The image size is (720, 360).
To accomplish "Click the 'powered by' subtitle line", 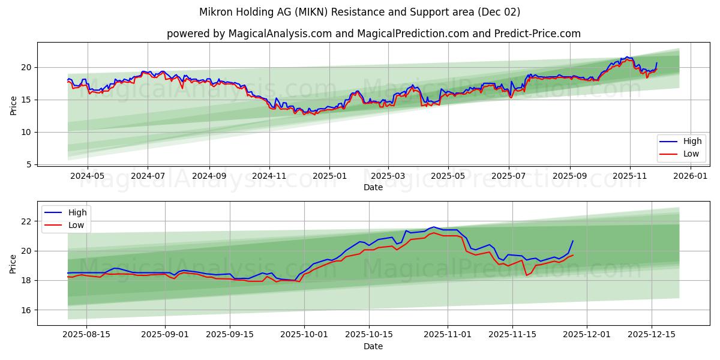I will click(373, 34).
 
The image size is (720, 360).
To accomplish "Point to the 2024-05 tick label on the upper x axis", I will click(88, 176).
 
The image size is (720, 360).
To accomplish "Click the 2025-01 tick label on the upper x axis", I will click(329, 176).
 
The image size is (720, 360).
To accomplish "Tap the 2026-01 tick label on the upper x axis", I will click(691, 176).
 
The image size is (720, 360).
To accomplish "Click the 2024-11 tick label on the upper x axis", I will click(269, 176).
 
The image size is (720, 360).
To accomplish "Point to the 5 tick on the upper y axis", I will click(29, 164).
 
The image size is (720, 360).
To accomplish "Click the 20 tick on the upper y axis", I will click(26, 67).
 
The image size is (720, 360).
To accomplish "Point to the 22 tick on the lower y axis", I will click(26, 221).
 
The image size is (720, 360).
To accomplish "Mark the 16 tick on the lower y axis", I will click(26, 310).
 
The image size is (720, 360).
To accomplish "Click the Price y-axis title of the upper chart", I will click(13, 104).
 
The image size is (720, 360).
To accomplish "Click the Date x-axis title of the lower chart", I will click(373, 346).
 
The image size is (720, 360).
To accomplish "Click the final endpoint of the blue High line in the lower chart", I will click(573, 241).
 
